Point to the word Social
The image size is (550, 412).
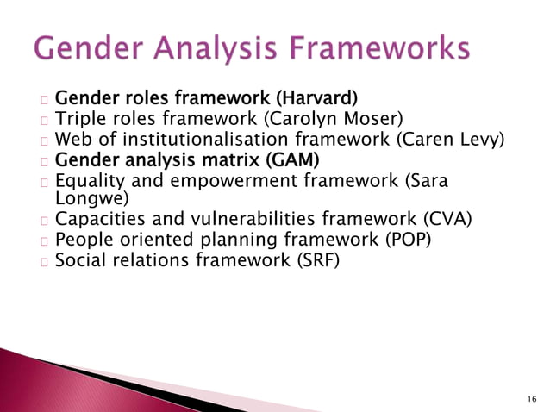pyautogui.click(x=80, y=259)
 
